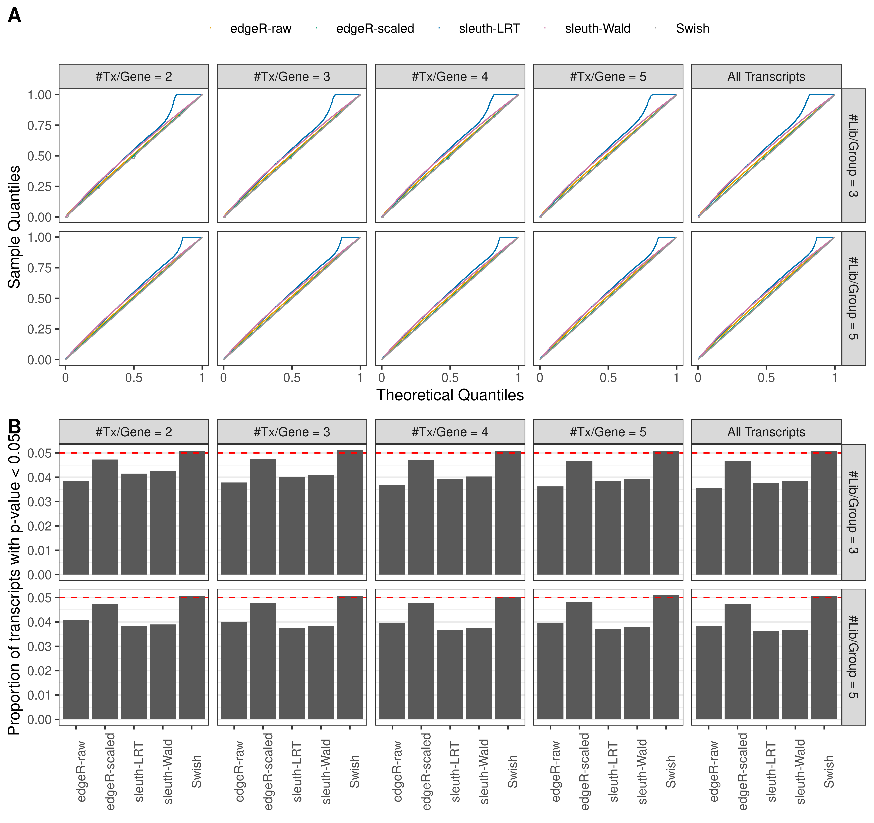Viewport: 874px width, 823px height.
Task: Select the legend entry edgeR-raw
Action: coord(260,29)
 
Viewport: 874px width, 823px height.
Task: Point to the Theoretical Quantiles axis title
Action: coord(450,395)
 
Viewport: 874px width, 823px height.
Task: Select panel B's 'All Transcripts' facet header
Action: coord(766,432)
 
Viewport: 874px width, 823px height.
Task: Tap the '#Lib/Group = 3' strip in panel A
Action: coord(853,156)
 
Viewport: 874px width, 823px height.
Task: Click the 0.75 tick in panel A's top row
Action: coord(40,125)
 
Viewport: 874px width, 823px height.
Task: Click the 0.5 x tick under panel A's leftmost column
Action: coord(134,377)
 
